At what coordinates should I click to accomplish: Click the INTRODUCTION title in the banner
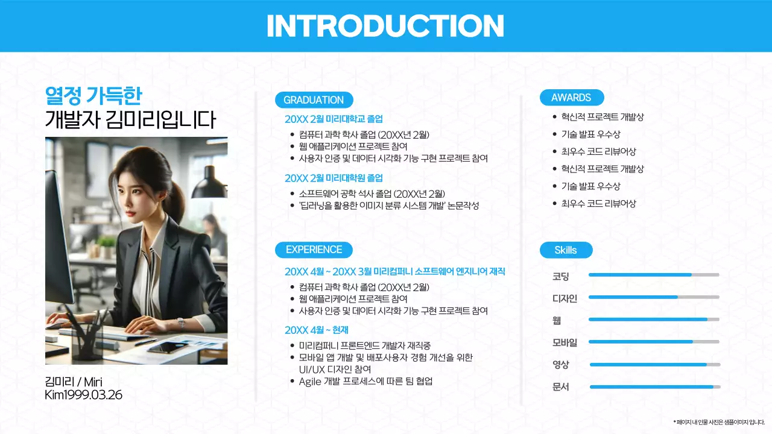(385, 26)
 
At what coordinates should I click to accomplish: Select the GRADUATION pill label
(314, 100)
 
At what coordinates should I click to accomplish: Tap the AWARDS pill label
(571, 98)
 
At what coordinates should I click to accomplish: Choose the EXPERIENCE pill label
(314, 250)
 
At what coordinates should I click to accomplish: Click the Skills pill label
(566, 250)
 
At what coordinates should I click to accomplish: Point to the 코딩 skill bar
(654, 275)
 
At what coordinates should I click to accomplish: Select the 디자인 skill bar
(654, 297)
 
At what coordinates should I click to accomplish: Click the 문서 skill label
(561, 387)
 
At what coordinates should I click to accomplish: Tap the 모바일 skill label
(565, 342)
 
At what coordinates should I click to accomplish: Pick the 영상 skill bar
(655, 365)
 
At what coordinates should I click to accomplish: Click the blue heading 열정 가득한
(93, 95)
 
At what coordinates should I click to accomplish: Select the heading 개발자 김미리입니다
(130, 120)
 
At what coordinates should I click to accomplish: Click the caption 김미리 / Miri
(74, 382)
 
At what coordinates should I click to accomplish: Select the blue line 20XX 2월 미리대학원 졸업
(334, 178)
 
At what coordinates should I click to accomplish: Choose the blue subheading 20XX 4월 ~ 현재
(317, 330)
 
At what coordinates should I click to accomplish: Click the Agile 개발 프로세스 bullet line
(365, 382)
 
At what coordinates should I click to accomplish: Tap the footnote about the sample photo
(719, 422)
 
